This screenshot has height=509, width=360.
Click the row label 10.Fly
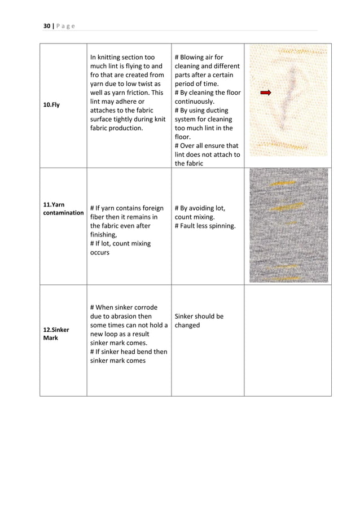[52, 104]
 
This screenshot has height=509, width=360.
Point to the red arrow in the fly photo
[266, 93]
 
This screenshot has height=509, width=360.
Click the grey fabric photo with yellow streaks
[288, 225]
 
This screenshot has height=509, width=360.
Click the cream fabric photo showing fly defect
[288, 100]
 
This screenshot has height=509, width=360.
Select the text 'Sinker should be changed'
[199, 321]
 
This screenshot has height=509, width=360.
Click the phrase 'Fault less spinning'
[205, 226]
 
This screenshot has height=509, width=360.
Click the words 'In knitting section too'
[122, 57]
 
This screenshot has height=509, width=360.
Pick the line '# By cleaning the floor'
[207, 93]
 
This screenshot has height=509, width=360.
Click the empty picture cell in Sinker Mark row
[288, 340]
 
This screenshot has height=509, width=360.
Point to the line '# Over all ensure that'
[207, 146]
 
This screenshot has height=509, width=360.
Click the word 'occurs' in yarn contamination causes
[100, 253]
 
